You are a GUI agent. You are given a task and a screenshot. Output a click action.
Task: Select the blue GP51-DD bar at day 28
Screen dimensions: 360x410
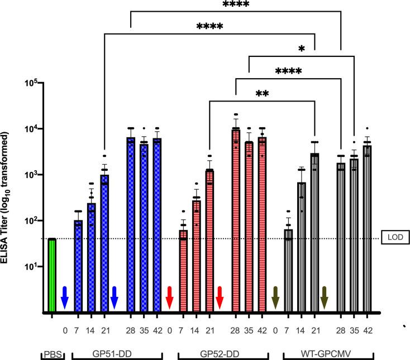pos(131,223)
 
